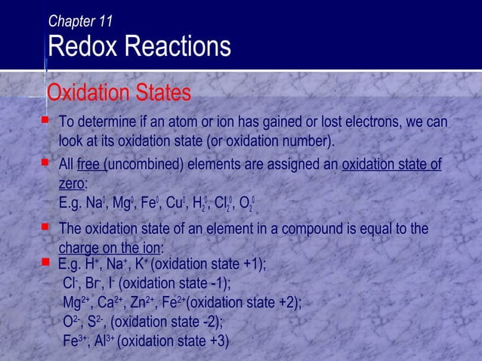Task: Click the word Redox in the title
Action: click(80, 48)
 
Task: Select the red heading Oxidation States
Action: click(119, 94)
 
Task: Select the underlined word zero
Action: click(72, 184)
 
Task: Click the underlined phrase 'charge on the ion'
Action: click(110, 248)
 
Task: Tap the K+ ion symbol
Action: click(141, 265)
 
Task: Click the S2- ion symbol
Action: click(96, 322)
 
